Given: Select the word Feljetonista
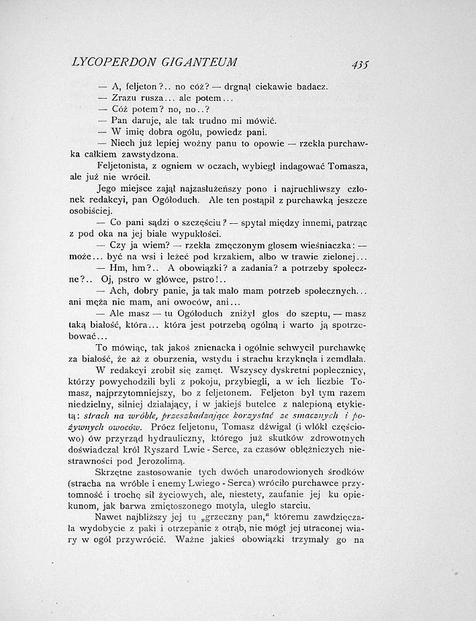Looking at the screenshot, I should pyautogui.click(x=126, y=167).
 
